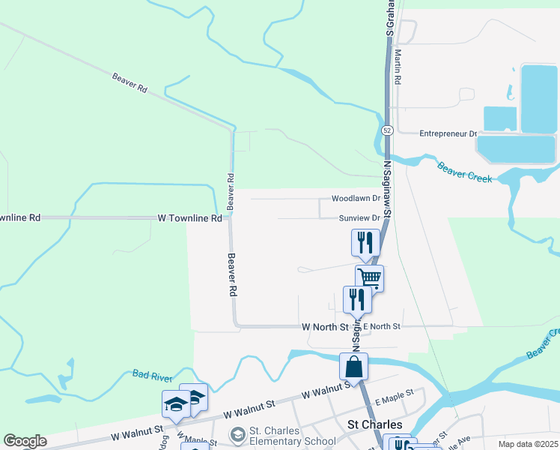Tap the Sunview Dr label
pyautogui.click(x=359, y=218)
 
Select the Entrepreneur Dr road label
pyautogui.click(x=448, y=133)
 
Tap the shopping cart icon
pyautogui.click(x=369, y=277)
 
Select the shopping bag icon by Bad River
pyautogui.click(x=353, y=367)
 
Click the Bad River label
pyautogui.click(x=147, y=373)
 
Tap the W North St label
pyautogui.click(x=326, y=327)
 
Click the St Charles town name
pyautogui.click(x=376, y=424)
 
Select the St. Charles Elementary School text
pyautogui.click(x=292, y=436)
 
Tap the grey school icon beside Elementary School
pyautogui.click(x=237, y=435)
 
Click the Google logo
pyautogui.click(x=25, y=441)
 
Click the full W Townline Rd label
pyautogui.click(x=190, y=218)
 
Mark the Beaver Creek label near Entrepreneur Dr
pyautogui.click(x=465, y=172)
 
